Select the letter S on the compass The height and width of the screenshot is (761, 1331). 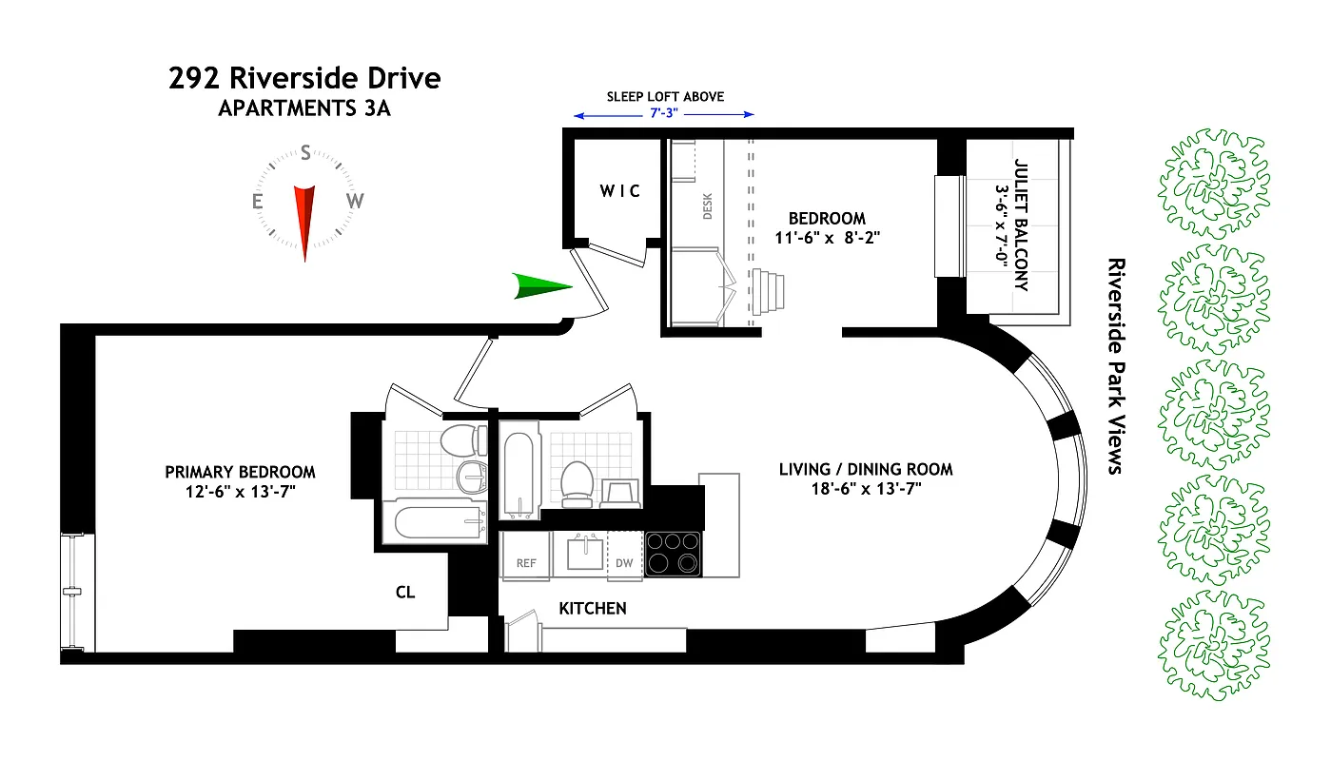(x=305, y=152)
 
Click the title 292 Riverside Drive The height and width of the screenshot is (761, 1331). (x=304, y=78)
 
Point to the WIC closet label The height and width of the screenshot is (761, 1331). (x=619, y=191)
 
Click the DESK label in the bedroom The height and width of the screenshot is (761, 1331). (x=707, y=206)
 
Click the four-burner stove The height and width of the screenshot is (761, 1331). (x=673, y=554)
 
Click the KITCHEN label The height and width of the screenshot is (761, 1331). (x=592, y=608)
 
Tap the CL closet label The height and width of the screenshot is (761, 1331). (x=405, y=592)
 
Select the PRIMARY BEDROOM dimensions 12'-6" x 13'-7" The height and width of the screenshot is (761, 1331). (x=240, y=492)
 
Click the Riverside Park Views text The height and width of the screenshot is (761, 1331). (x=1115, y=365)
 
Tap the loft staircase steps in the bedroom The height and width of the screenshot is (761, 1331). (x=769, y=290)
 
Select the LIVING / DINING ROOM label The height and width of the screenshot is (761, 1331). (x=865, y=469)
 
